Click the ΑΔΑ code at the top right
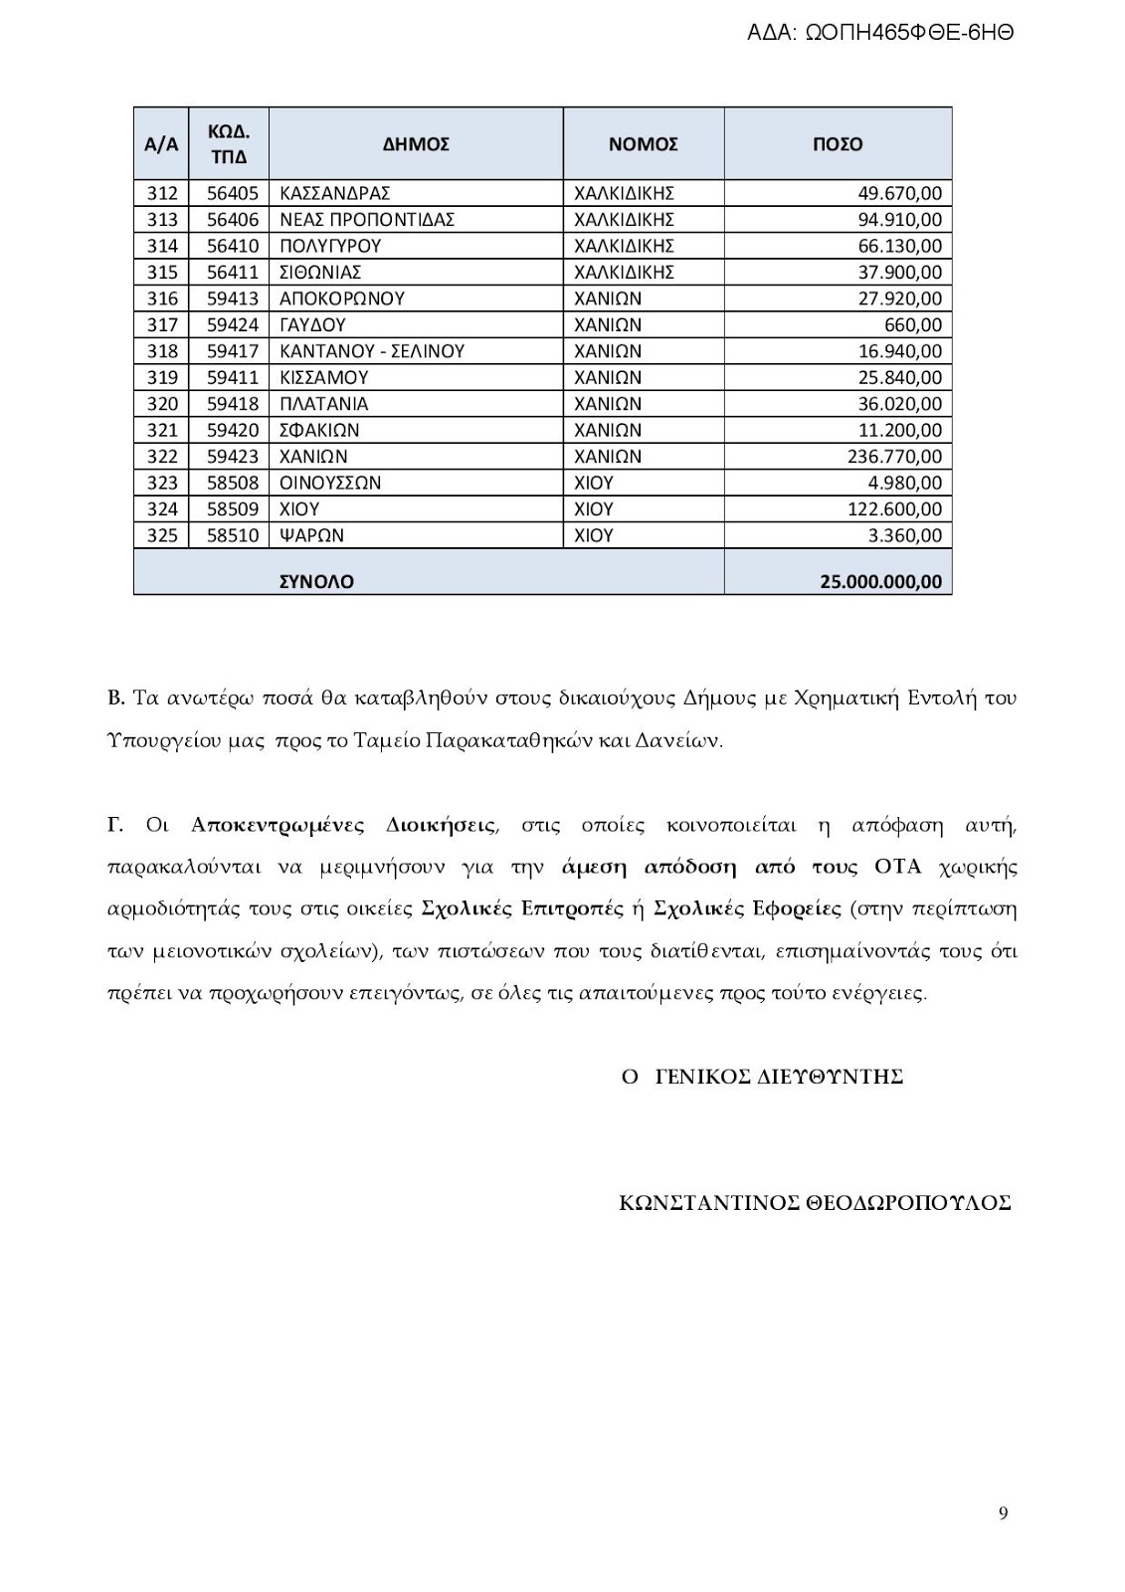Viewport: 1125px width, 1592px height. [880, 32]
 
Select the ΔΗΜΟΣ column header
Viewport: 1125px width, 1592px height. [416, 144]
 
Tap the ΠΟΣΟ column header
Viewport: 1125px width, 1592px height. [838, 144]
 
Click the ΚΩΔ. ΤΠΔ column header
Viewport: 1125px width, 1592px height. [229, 144]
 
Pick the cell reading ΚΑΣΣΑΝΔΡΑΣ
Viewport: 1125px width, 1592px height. [335, 193]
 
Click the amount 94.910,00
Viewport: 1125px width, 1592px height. [899, 220]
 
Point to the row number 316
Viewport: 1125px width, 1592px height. [162, 298]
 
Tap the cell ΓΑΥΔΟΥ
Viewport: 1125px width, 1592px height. [312, 325]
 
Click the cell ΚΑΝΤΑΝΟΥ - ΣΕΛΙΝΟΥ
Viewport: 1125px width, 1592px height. [372, 351]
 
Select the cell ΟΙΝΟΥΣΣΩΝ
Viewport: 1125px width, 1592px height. [330, 484]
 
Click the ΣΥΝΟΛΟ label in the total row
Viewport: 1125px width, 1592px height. [316, 581]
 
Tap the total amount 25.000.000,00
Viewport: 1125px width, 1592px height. [880, 581]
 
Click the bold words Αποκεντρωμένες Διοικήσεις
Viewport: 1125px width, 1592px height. [343, 825]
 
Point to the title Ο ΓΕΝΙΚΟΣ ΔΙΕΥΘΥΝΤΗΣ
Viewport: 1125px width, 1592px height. [762, 1077]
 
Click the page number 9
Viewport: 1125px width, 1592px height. [1003, 1513]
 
